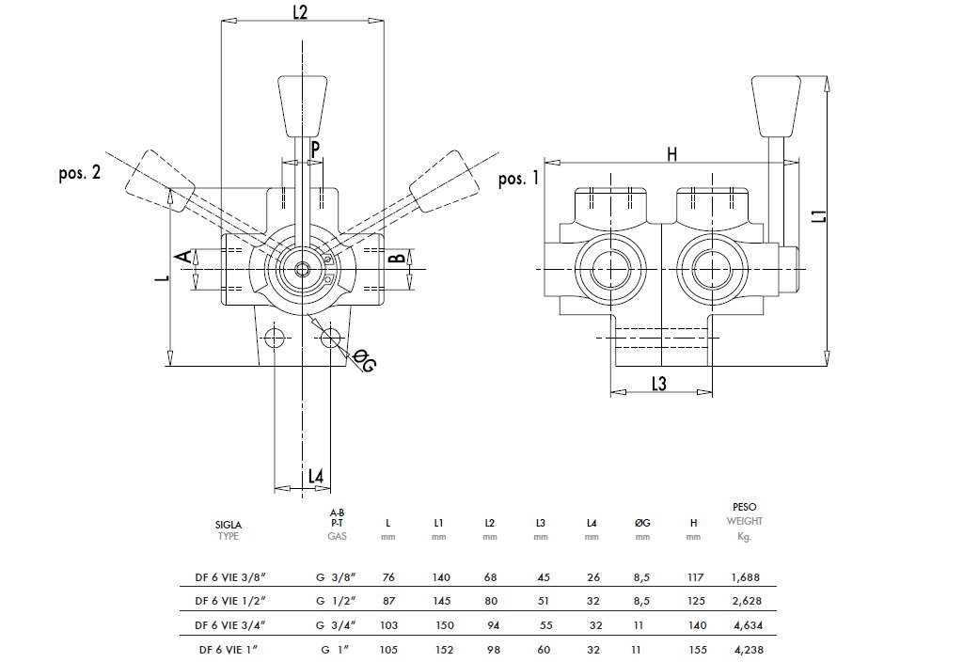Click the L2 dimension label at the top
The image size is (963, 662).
click(301, 11)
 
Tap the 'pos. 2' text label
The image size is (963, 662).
click(79, 175)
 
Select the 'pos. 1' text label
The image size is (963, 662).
click(519, 179)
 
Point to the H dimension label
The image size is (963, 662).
click(671, 155)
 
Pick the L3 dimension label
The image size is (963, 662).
click(658, 383)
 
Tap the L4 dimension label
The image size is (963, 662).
click(317, 478)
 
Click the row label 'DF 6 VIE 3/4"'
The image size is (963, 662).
click(230, 625)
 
